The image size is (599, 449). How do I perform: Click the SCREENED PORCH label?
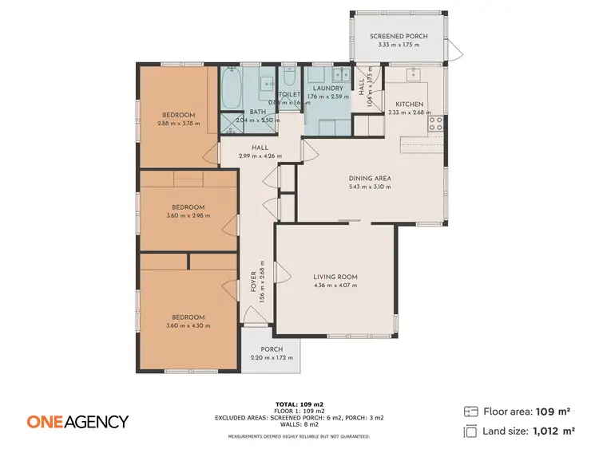pos(399,37)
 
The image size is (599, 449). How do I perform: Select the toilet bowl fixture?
pos(289,80)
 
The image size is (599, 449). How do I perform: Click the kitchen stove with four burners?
pos(436,123)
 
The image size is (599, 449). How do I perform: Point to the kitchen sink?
pos(414,74)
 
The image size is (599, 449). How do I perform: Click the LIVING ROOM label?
pos(335,277)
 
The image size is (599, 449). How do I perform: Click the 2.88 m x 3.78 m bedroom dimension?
pos(178,124)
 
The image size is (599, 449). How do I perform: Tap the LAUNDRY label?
pos(328,89)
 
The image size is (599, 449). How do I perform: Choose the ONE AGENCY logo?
pos(77,421)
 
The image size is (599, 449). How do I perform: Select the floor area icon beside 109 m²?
pos(470,412)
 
